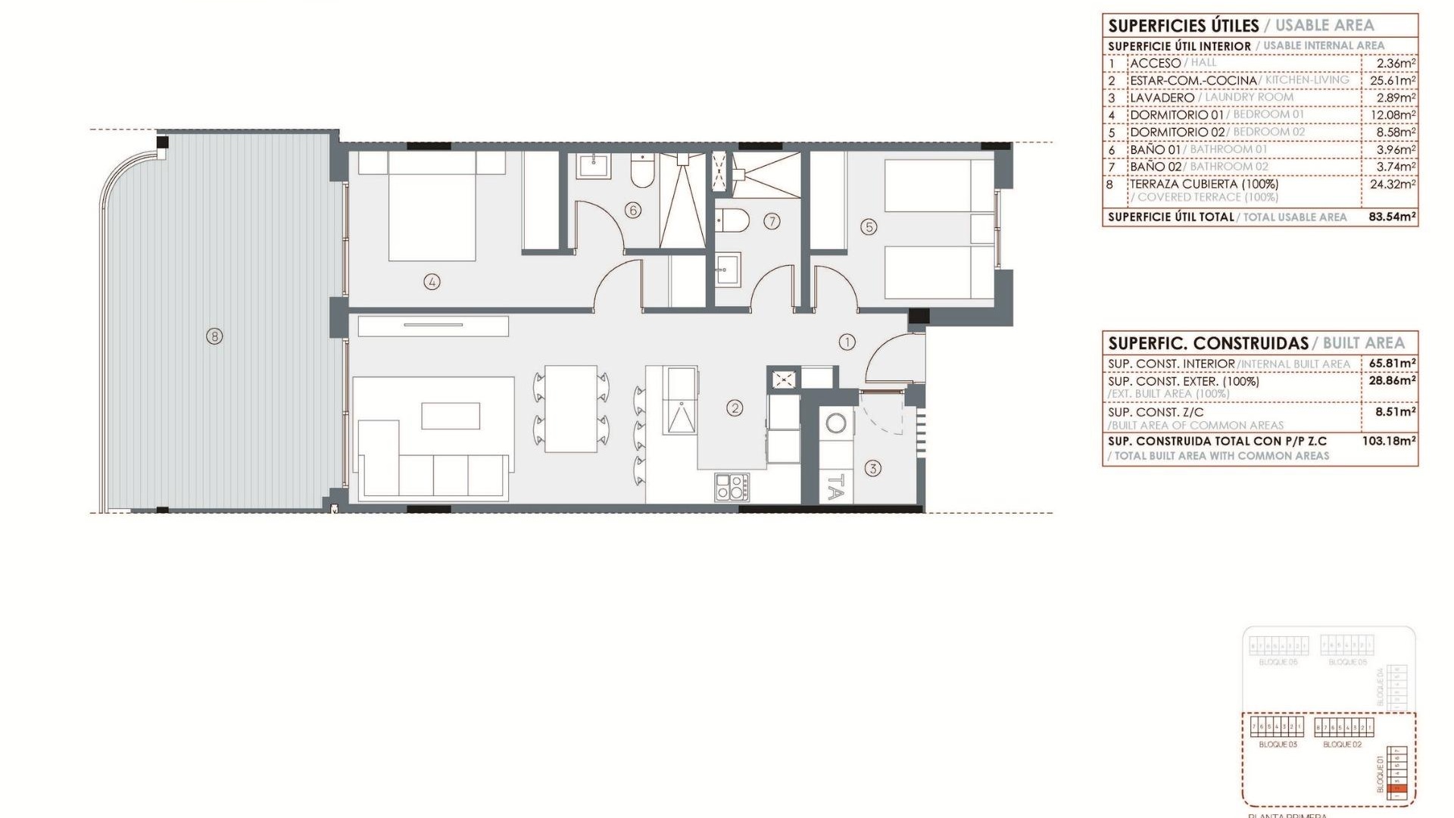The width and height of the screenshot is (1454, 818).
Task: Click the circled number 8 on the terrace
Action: (x=214, y=336)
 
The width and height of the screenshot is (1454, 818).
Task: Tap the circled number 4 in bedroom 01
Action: (x=432, y=282)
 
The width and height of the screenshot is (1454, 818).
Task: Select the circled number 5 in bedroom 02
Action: (x=869, y=226)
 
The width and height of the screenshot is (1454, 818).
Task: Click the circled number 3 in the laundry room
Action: (x=872, y=469)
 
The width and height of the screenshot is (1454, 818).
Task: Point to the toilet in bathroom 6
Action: (x=641, y=173)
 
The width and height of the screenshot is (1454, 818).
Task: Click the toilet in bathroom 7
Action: (x=732, y=220)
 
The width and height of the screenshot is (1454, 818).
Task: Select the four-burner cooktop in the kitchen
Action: (x=732, y=486)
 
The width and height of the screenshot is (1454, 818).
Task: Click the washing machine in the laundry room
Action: (x=836, y=423)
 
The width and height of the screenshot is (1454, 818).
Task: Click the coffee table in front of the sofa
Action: (x=451, y=416)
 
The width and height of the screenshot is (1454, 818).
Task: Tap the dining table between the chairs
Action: (x=571, y=409)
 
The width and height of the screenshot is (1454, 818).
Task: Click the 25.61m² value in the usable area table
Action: (x=1392, y=80)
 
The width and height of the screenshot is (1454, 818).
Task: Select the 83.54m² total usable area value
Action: (x=1392, y=217)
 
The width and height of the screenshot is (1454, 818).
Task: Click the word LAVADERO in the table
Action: (x=1162, y=98)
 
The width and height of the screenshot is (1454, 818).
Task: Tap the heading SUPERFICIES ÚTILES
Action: (x=1182, y=26)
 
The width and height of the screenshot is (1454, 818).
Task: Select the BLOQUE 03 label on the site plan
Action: (x=1278, y=745)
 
